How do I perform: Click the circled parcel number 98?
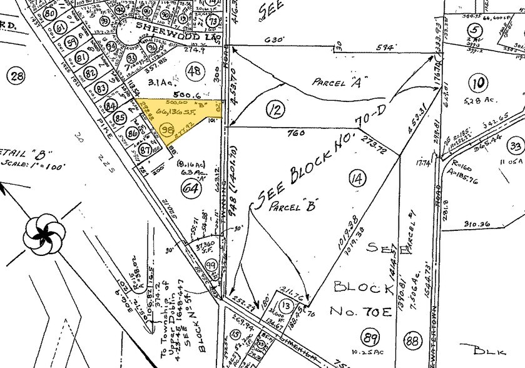point(166,130)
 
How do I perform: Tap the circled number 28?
point(17,76)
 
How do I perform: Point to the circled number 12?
point(273,111)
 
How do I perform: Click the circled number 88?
point(412,342)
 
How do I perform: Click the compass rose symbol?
point(44,233)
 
